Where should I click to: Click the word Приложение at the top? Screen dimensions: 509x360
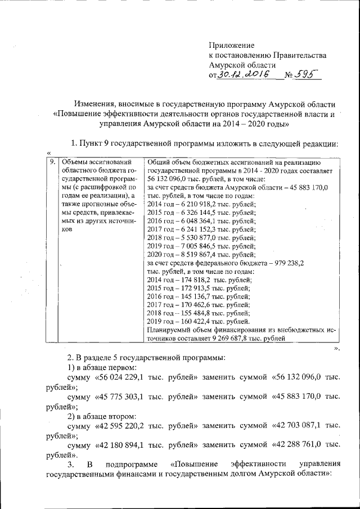[231, 45]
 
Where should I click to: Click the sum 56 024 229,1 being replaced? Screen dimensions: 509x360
[138, 377]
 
